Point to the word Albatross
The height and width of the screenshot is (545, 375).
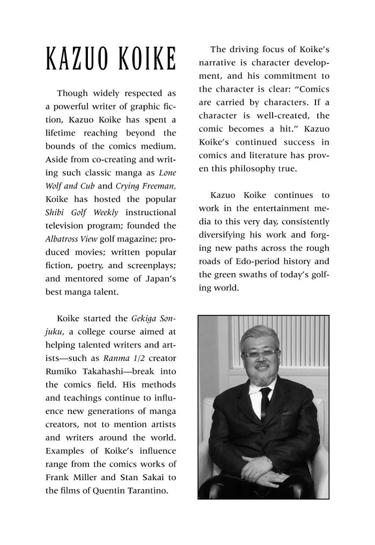62,238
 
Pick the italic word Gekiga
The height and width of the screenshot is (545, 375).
144,319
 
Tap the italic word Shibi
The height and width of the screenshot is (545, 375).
55,212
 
